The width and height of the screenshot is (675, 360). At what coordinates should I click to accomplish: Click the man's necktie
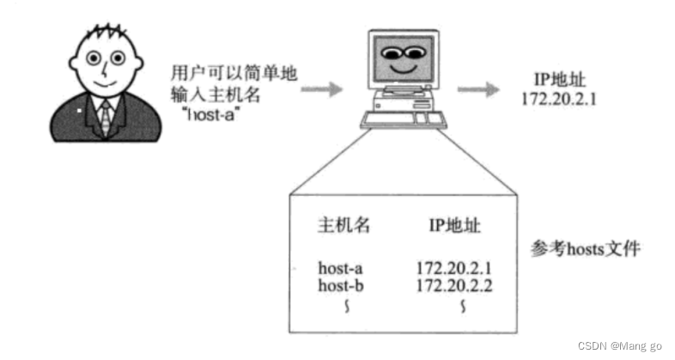106,116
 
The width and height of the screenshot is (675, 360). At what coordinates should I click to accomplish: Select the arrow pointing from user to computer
321,88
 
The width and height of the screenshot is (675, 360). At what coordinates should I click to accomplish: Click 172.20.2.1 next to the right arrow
559,98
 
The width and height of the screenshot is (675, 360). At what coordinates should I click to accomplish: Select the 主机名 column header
344,226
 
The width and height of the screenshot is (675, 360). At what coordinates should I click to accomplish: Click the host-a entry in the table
341,268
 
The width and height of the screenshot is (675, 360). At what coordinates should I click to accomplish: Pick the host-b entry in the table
341,284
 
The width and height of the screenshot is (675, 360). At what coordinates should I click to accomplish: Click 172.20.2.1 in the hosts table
453,268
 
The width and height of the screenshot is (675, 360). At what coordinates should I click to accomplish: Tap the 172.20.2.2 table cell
453,284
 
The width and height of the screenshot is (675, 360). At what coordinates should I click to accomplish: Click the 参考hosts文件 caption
586,249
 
